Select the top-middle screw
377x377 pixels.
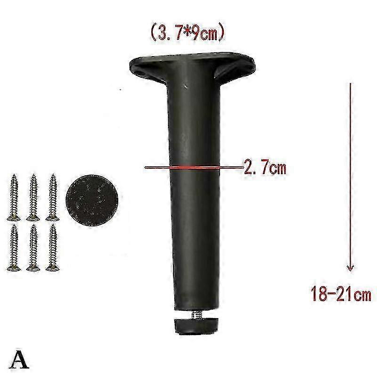click(x=33, y=197)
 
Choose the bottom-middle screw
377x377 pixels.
click(x=33, y=247)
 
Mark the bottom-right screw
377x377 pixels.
click(x=52, y=247)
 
